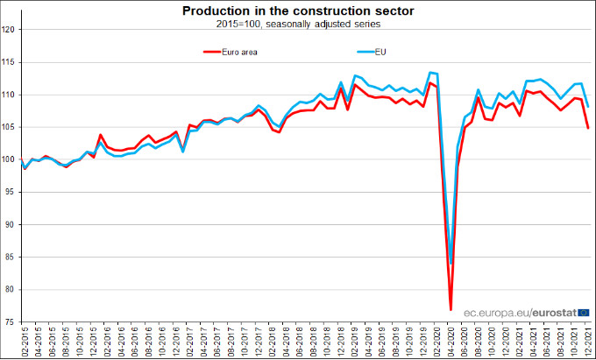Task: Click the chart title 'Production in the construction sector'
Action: (x=298, y=11)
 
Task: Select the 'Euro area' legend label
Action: (x=238, y=52)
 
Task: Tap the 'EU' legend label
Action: (x=380, y=52)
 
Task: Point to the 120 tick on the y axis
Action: (x=10, y=30)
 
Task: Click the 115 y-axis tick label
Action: (x=10, y=62)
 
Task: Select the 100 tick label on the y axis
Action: (x=10, y=159)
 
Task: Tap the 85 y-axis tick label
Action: (x=10, y=258)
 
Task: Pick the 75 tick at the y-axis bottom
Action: (x=10, y=322)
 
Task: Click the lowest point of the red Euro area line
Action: (x=451, y=310)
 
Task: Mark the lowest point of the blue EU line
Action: (x=451, y=263)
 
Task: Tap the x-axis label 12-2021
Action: (x=588, y=342)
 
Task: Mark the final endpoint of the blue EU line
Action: (x=588, y=107)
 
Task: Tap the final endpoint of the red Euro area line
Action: (x=588, y=128)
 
